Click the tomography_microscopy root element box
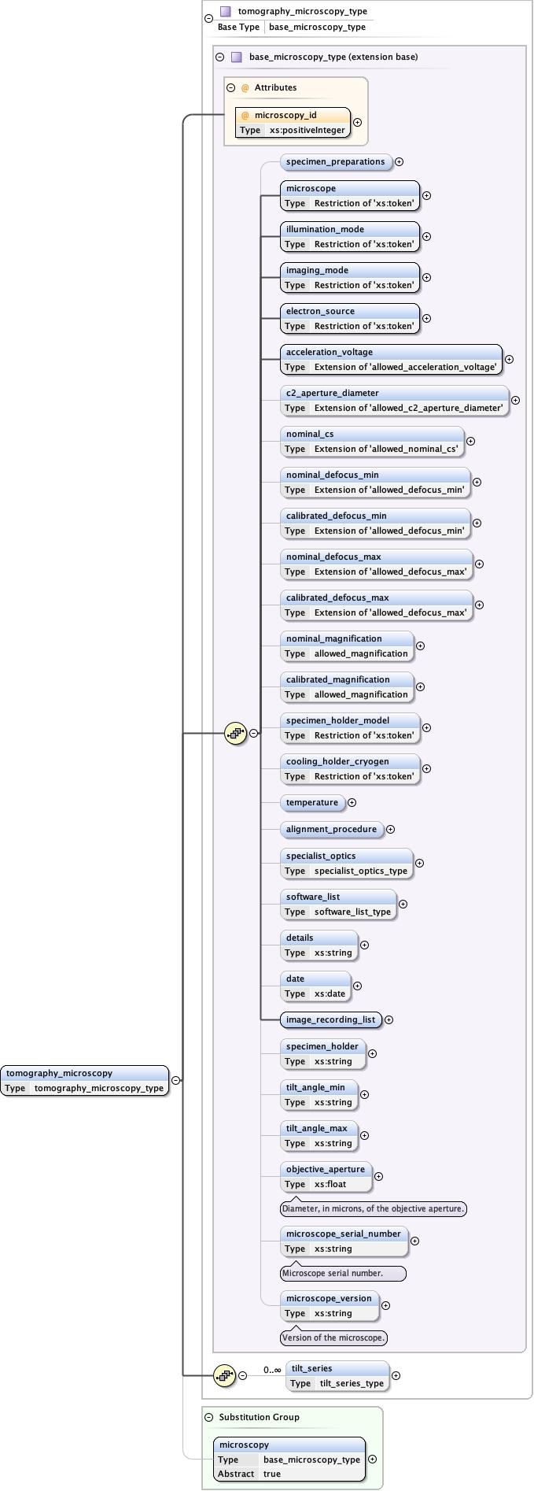point(85,1080)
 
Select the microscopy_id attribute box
point(293,122)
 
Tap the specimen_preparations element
point(335,162)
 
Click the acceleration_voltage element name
point(330,352)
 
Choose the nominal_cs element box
point(372,441)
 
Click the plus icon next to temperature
point(352,803)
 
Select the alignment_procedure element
point(331,830)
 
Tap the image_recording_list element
point(330,1020)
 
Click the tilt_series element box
point(337,1375)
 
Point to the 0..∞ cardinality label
point(272,1370)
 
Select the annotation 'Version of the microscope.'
point(333,1337)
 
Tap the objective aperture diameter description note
point(374,1208)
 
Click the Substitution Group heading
point(259,1417)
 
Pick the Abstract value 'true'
point(272,1474)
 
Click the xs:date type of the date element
point(330,993)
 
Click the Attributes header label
point(275,87)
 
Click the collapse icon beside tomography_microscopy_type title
point(208,19)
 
